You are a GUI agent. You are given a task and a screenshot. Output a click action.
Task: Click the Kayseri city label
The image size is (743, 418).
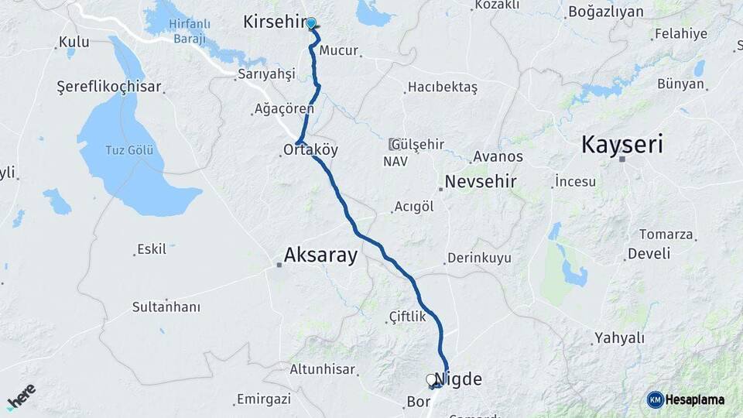coord(622,144)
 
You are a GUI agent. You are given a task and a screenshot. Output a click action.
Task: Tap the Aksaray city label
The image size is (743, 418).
coord(320,255)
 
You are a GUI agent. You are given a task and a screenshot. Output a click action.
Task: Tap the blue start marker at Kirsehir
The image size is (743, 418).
coord(311,23)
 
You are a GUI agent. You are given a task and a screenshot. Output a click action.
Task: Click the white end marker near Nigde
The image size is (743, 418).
coord(431,379)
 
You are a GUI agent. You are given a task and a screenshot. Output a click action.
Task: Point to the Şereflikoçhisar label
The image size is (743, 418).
coord(109,86)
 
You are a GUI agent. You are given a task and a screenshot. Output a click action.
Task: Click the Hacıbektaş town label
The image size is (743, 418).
coord(442,87)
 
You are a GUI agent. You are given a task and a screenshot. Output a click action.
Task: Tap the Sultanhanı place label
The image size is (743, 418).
coord(166,307)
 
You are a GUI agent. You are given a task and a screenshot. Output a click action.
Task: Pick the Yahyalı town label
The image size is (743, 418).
coord(618,337)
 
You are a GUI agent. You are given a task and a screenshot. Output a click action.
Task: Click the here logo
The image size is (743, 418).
coord(21,396)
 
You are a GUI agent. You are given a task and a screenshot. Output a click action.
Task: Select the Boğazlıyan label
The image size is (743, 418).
coord(605,12)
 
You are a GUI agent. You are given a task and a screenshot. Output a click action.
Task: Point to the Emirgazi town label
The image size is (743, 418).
coord(264,399)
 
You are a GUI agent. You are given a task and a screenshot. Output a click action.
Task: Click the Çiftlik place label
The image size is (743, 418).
coord(407,317)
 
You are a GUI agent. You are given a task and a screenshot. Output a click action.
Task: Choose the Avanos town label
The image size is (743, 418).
coord(498,156)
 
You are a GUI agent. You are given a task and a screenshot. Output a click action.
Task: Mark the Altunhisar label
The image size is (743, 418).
coord(323,369)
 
